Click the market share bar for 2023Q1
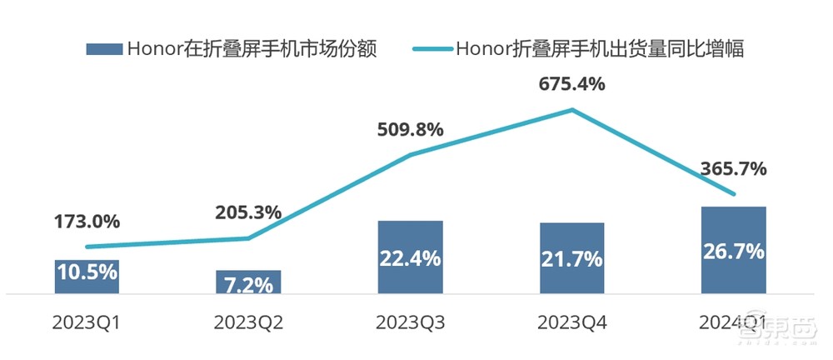(x=87, y=276)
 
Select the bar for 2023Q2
(x=248, y=282)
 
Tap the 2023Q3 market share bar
(x=410, y=257)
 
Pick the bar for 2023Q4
(x=571, y=258)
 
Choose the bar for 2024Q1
(x=733, y=250)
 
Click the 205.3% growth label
(x=248, y=212)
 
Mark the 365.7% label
(x=733, y=168)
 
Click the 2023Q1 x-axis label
(x=87, y=322)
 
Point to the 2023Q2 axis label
(x=248, y=322)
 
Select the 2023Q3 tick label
(x=410, y=322)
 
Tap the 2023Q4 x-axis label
(x=571, y=322)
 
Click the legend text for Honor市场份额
(x=252, y=49)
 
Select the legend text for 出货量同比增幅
(x=599, y=49)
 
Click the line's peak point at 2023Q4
(x=571, y=109)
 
